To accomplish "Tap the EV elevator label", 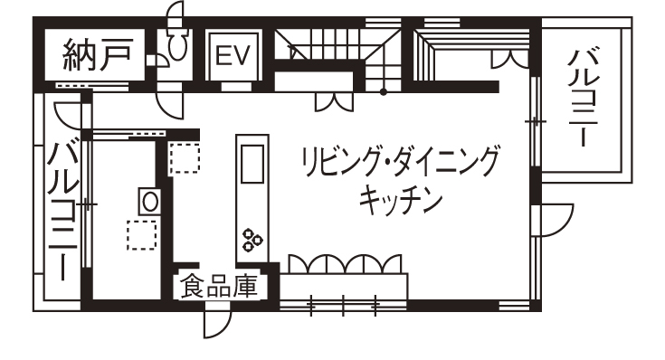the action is (x=234, y=57).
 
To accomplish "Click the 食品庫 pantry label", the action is (x=217, y=287).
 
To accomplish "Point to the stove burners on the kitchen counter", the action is (x=252, y=241).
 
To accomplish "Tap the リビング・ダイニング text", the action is (x=399, y=163).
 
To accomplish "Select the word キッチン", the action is (x=399, y=197).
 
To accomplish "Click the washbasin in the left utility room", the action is (x=148, y=199).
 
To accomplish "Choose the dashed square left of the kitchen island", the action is (x=185, y=157).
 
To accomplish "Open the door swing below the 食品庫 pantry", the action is (x=218, y=322).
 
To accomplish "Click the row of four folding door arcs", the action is (x=344, y=261).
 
